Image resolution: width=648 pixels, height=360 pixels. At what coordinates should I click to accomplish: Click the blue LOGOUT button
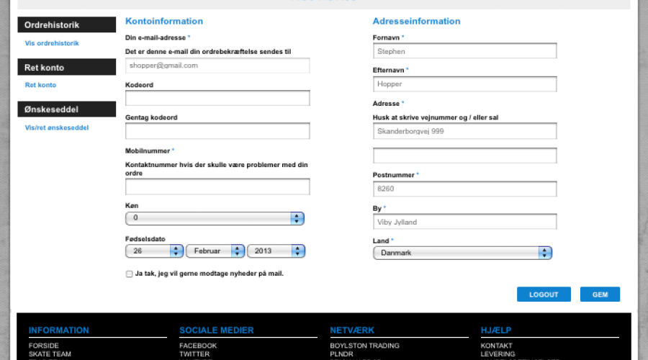[x=544, y=294]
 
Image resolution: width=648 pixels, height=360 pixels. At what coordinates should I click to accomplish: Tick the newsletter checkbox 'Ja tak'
[x=130, y=274]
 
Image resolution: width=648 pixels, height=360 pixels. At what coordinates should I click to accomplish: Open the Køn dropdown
[x=215, y=218]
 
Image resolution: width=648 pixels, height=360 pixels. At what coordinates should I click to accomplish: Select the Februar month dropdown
[x=215, y=251]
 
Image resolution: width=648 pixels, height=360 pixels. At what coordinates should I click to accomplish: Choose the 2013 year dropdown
[x=276, y=251]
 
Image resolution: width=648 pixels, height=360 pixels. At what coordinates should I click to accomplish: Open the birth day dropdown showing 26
[x=154, y=251]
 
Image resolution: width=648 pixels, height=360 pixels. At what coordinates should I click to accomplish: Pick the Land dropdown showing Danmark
[x=462, y=253]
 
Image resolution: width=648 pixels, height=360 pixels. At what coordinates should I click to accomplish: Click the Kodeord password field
[x=217, y=98]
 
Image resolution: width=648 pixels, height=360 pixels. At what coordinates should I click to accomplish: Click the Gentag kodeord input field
[x=217, y=131]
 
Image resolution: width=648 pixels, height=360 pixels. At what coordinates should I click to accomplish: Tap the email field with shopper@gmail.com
[x=217, y=66]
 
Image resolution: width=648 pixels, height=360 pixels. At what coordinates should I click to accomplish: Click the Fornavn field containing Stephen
[x=464, y=51]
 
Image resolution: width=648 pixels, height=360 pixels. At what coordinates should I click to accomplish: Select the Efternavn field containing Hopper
[x=464, y=84]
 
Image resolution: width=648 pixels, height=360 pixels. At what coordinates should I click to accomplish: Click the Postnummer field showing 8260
[x=464, y=189]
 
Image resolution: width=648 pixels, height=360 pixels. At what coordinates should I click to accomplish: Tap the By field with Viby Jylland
[x=464, y=222]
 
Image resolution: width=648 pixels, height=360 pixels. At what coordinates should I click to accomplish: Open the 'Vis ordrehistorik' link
[x=52, y=43]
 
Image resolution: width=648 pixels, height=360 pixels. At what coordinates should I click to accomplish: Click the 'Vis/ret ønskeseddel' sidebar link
[x=57, y=127]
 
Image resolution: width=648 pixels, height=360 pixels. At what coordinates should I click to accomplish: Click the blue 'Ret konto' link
[x=40, y=85]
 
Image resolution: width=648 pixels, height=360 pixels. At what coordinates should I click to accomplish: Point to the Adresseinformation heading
[x=416, y=22]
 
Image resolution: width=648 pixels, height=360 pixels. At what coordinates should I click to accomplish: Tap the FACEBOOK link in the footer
[x=198, y=346]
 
